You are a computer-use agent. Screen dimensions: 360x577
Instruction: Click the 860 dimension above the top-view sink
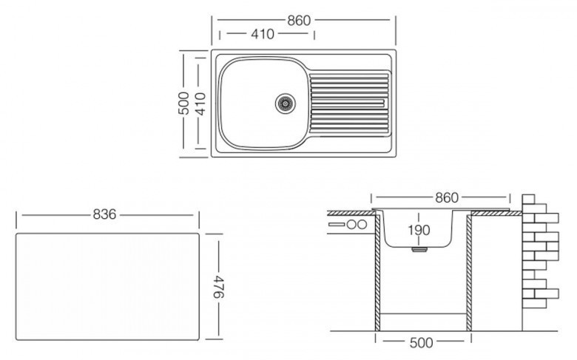pyautogui.click(x=298, y=20)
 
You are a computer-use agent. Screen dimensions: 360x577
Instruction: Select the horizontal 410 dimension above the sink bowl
pyautogui.click(x=262, y=34)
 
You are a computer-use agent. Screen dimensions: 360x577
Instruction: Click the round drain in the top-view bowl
pyautogui.click(x=285, y=103)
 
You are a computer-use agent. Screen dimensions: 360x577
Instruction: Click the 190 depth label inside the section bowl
pyautogui.click(x=419, y=230)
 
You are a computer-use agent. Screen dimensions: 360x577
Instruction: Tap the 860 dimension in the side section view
pyautogui.click(x=446, y=197)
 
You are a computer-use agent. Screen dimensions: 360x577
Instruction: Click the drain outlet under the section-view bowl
pyautogui.click(x=419, y=251)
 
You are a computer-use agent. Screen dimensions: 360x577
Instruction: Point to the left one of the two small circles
pyautogui.click(x=351, y=224)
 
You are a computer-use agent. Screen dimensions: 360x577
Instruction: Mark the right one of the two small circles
pyautogui.click(x=363, y=224)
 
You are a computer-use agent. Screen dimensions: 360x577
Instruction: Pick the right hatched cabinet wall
pyautogui.click(x=468, y=274)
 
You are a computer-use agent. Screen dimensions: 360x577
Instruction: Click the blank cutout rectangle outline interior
pyautogui.click(x=107, y=285)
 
